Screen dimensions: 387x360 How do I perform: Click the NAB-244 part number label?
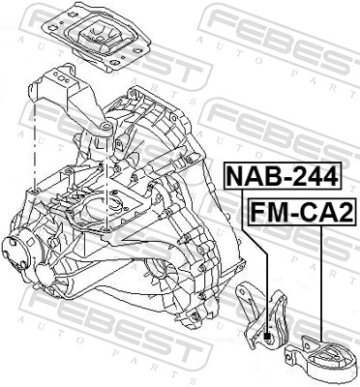click(x=282, y=176)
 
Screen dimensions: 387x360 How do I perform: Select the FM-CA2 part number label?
click(x=301, y=209)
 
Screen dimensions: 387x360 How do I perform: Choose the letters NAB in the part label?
click(x=252, y=176)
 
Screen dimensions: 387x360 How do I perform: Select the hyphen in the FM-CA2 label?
click(x=291, y=210)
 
